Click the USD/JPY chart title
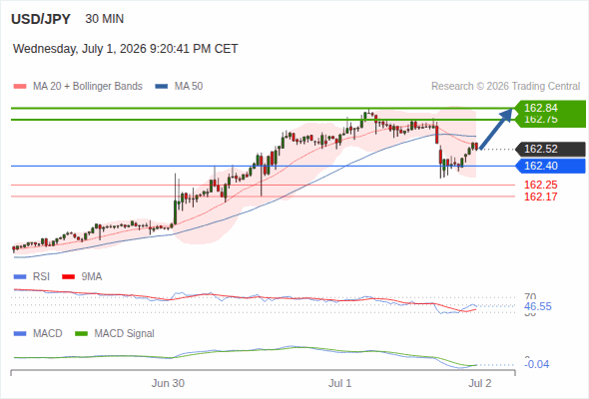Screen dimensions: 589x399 coord(41,19)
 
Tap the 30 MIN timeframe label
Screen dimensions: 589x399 coord(105,19)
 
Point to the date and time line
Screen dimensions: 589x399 coord(126,49)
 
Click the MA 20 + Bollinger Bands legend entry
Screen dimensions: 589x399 coord(78,87)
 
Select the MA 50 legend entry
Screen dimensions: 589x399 coord(179,87)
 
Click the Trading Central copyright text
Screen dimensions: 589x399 coord(505,87)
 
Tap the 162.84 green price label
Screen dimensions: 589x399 coord(541,108)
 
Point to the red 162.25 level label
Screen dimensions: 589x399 coord(541,185)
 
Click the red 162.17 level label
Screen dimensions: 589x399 coord(541,197)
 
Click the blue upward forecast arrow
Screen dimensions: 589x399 coord(496,129)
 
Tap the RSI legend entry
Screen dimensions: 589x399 coord(32,277)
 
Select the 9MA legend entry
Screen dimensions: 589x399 coord(82,277)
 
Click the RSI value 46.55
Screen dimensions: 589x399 coord(538,306)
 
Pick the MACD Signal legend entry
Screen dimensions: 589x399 coord(115,334)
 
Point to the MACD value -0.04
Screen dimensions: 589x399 coord(537,364)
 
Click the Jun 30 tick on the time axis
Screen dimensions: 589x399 coord(168,383)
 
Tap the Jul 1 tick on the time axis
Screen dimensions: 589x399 coord(340,383)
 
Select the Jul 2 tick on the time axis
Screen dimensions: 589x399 coord(480,383)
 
